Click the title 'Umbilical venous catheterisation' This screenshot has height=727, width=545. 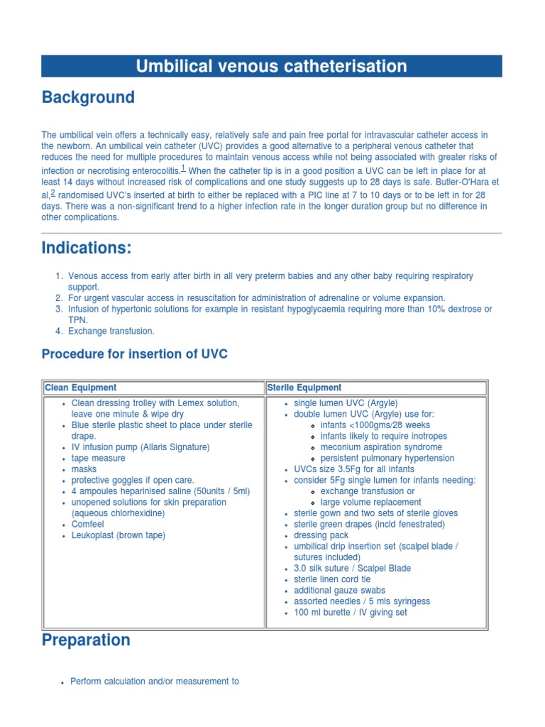point(272,67)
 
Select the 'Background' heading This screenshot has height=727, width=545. point(88,97)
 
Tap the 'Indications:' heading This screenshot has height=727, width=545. point(87,248)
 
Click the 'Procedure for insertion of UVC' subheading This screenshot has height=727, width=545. point(135,354)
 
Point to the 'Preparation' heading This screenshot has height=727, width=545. point(86,640)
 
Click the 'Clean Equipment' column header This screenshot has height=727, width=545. point(81,388)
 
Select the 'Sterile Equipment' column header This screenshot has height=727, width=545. point(304,388)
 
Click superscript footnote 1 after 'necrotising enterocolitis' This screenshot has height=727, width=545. point(183,168)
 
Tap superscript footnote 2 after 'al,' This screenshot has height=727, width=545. point(53,193)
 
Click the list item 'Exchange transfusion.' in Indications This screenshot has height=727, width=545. point(111,331)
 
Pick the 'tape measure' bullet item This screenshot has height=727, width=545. point(99,459)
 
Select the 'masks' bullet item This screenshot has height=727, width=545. point(84,469)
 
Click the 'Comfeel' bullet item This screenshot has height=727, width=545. point(88,524)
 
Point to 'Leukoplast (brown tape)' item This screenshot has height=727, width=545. point(118,535)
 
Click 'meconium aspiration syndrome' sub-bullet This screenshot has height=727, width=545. point(381,447)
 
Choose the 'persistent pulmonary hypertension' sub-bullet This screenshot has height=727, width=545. point(387,459)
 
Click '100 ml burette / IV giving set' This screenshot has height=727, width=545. point(351,612)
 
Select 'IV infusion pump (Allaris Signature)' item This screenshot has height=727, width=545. point(141,447)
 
